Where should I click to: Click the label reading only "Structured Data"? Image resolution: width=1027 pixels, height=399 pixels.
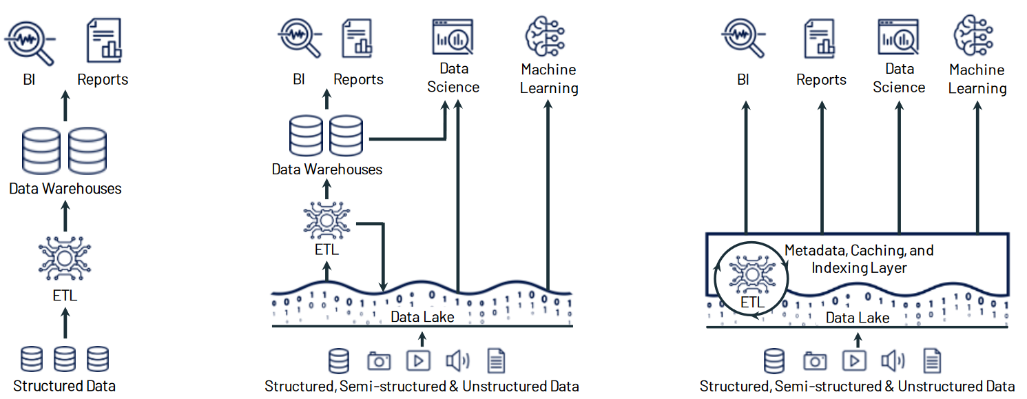click(x=64, y=386)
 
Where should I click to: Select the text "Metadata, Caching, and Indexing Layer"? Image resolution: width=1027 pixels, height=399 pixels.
click(x=859, y=258)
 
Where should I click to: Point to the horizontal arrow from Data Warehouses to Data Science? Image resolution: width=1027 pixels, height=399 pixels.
click(x=406, y=139)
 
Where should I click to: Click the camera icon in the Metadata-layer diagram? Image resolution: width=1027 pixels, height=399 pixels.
click(x=815, y=360)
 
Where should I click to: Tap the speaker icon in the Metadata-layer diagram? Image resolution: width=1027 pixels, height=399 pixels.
click(x=893, y=360)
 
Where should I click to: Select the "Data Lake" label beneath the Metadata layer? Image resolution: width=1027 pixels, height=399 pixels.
click(x=858, y=318)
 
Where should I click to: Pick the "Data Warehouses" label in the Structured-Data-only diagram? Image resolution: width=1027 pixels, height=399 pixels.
click(x=65, y=188)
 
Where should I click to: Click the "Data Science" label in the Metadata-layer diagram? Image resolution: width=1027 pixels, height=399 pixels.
click(x=899, y=78)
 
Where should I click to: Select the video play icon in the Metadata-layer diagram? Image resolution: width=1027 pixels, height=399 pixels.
click(x=854, y=360)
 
